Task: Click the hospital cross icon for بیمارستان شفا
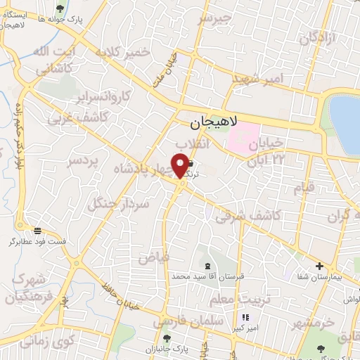pos(320,266)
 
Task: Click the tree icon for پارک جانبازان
pos(167,338)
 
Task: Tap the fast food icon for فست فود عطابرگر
pos(37,230)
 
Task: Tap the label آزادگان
pos(318,39)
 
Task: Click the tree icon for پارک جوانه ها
pos(58,8)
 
